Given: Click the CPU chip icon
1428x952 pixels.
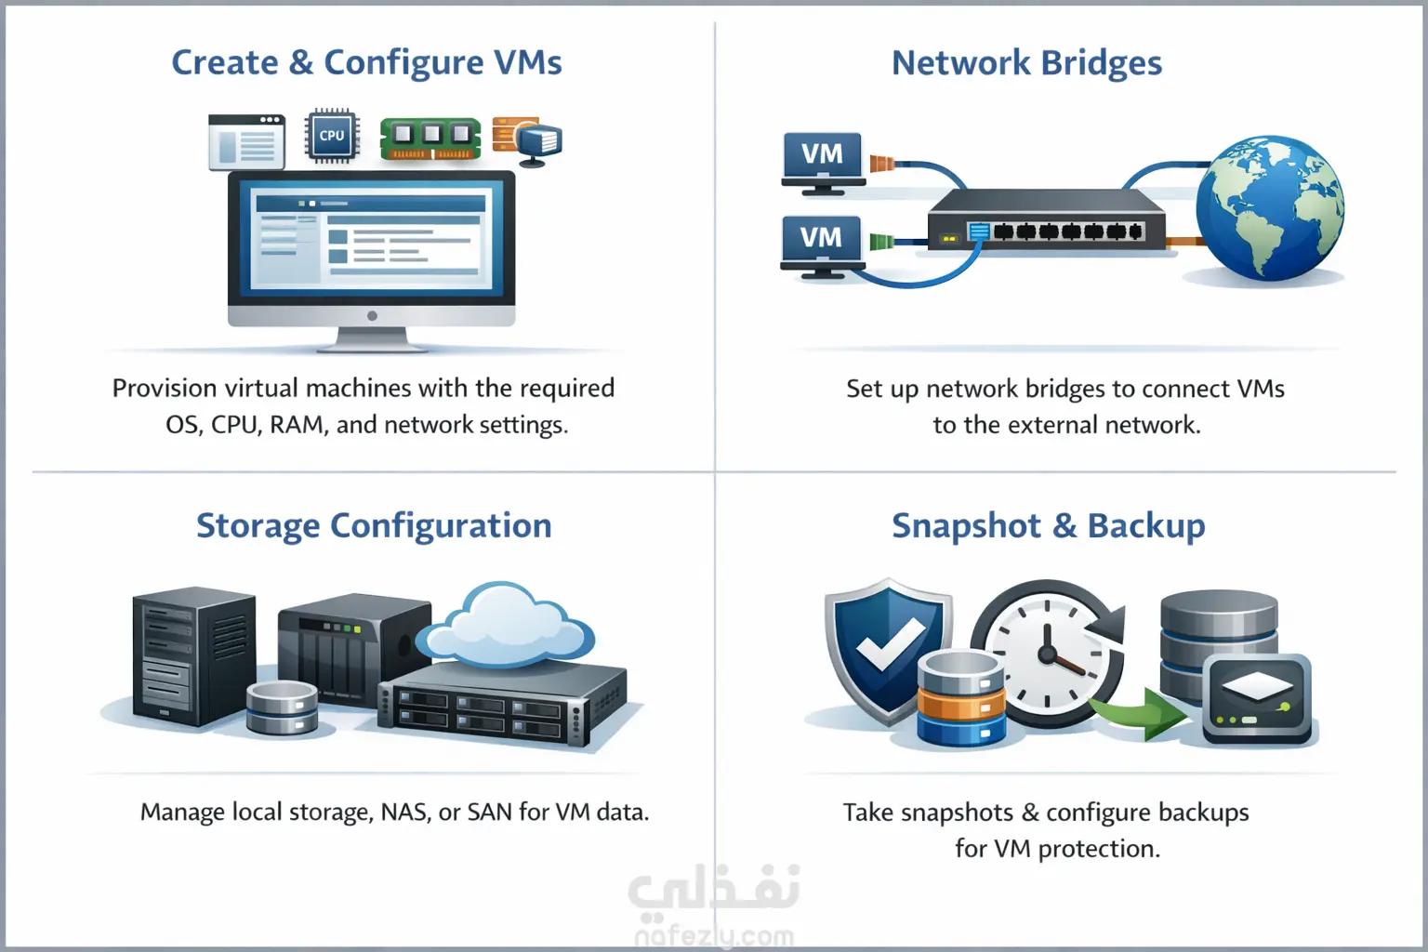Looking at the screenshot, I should [332, 136].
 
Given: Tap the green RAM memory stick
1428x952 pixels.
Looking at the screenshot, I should [430, 138].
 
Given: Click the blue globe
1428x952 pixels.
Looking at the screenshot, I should [1269, 208].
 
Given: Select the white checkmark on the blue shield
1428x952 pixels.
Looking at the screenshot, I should [889, 642].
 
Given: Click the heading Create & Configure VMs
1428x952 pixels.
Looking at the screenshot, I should [366, 62].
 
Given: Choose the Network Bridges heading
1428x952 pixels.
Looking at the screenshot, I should [1026, 62].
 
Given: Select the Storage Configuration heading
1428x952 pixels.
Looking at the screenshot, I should [374, 525].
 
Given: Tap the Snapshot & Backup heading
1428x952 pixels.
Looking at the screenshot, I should [1048, 525].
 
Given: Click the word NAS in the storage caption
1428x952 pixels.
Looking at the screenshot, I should [403, 812].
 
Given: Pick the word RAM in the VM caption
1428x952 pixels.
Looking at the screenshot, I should [297, 425].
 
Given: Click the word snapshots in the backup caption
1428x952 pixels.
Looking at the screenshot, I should [957, 813].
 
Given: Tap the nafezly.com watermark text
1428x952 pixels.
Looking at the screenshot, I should [714, 935].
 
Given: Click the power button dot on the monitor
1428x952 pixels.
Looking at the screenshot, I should [372, 316].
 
